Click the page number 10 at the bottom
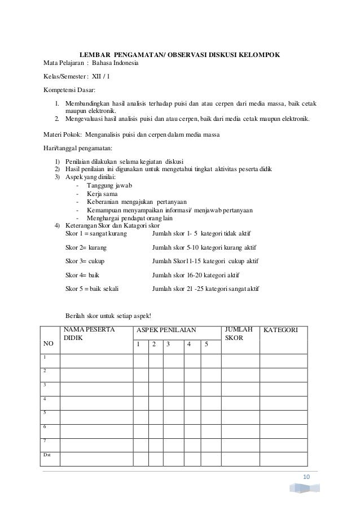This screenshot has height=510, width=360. pos(306,478)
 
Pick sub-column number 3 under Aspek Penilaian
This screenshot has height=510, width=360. pos(167,343)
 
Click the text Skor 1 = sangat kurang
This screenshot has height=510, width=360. pos(96,233)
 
